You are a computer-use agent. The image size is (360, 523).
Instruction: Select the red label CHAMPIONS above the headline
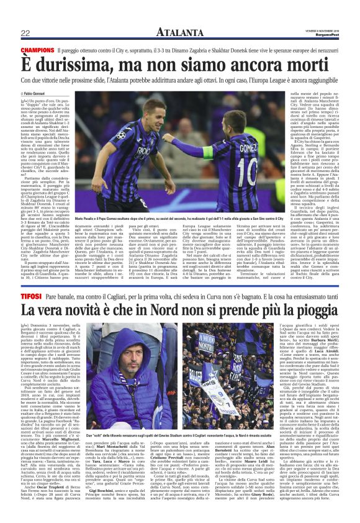tap(37, 49)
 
